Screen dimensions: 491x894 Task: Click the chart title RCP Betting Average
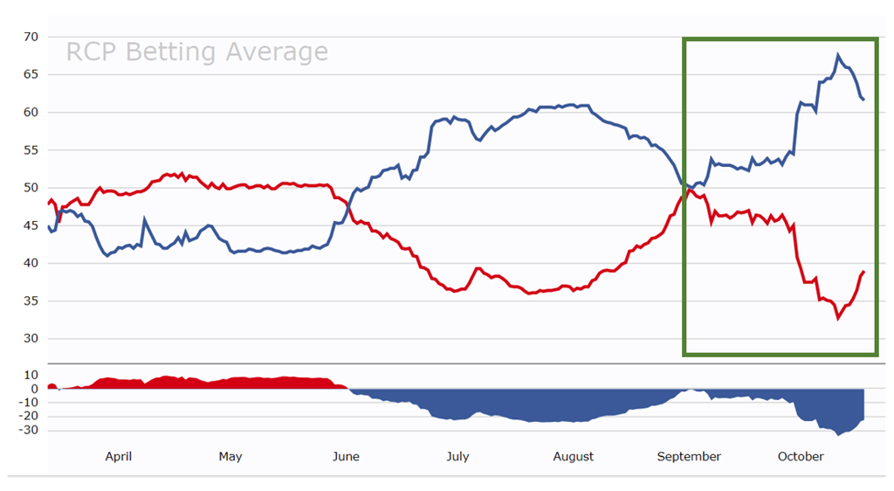197,52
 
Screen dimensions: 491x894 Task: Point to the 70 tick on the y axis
31,37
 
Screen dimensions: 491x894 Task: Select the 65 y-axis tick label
31,74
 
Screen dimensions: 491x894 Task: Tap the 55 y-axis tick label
31,150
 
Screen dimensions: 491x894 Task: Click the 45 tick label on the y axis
31,225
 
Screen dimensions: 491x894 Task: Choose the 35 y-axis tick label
31,301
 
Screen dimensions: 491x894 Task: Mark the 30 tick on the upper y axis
31,339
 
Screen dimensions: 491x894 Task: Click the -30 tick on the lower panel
28,431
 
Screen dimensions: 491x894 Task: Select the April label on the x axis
118,456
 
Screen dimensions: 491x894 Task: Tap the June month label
346,456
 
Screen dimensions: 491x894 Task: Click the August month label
574,456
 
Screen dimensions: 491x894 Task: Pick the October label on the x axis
801,456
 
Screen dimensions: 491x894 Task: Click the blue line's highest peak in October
838,56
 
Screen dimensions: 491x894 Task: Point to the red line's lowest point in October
838,318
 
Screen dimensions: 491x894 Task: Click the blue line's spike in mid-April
145,219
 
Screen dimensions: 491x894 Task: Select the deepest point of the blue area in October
839,434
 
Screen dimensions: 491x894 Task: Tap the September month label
689,456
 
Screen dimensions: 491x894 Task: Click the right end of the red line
863,272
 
